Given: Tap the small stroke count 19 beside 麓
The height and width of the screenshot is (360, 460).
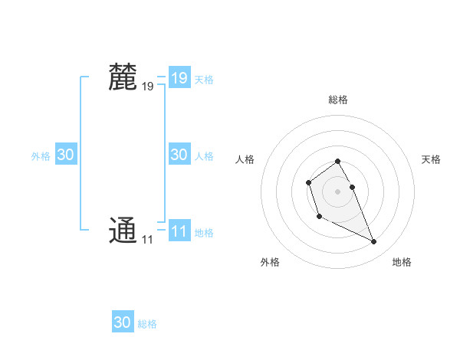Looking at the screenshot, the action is pos(147,87).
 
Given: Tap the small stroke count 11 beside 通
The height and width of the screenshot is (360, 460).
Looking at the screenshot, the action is pos(146,240).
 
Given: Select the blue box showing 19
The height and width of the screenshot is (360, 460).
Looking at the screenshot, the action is pos(179,77).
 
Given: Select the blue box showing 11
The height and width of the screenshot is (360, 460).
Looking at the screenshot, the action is pos(179,231).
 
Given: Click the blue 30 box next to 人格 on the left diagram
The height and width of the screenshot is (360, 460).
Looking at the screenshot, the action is pos(179,155).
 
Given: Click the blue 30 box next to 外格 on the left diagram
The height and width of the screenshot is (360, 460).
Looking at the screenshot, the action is pos(65,155).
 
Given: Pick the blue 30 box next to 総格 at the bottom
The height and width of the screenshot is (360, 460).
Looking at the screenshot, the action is pos(123,322).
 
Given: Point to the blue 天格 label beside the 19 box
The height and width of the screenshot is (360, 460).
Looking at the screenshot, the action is pos(204,80).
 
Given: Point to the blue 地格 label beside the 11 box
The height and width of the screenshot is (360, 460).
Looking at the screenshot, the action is pos(204,233).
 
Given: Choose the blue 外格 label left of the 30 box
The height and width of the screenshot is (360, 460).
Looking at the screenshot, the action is pos(41,156).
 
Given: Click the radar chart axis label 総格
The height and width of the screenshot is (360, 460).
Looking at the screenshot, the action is pos(338,100).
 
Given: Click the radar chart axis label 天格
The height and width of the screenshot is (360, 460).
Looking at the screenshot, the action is pos(431,159).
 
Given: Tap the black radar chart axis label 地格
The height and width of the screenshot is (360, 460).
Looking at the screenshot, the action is pos(402,262).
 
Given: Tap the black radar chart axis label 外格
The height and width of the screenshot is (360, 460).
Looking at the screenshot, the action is pos(270,262).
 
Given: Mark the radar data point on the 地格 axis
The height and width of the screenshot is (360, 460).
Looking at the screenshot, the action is pos(374,242).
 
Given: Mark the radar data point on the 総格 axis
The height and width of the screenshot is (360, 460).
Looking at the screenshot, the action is pos(338,161).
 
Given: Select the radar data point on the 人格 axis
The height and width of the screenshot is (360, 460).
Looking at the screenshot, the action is pos(308,182).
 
